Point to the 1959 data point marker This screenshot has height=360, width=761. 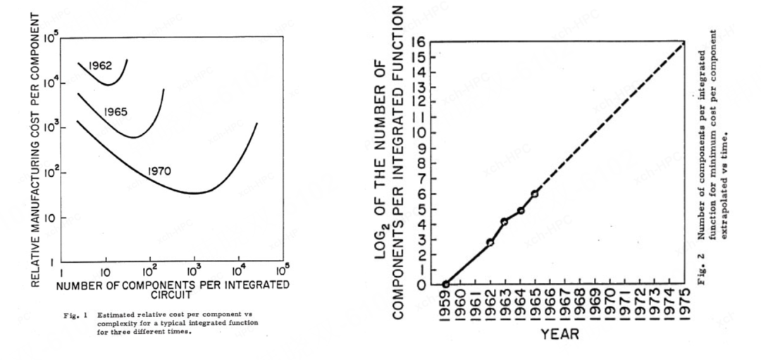tap(445, 285)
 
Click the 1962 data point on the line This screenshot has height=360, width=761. tap(490, 242)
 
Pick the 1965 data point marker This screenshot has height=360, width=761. tap(535, 194)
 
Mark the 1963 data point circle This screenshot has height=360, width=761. tap(505, 221)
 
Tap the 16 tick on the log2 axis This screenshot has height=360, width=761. tap(421, 42)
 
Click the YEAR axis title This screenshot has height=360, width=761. tap(561, 335)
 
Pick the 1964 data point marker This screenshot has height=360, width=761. tap(520, 211)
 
